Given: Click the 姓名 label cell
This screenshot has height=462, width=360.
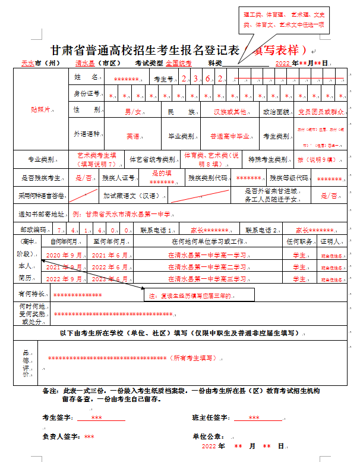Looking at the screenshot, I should tap(86, 77).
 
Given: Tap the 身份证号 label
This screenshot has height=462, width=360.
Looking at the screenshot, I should tap(87, 94).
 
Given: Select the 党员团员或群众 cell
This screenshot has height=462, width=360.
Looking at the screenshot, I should tap(321, 111).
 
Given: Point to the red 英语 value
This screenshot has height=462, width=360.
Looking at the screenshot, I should tap(132, 136).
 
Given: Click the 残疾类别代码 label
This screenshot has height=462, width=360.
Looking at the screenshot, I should tap(207, 178).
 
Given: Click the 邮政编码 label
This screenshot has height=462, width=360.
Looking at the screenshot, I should tap(33, 230).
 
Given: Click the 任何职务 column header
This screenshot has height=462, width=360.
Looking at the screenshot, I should tap(299, 242).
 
